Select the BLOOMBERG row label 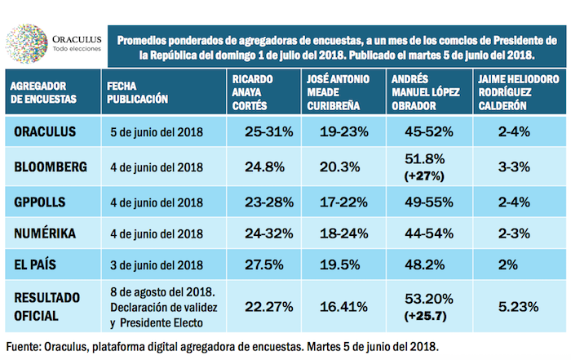(x=51, y=167)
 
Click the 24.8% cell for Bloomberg (x=253, y=167)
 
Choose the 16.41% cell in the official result (x=333, y=307)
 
